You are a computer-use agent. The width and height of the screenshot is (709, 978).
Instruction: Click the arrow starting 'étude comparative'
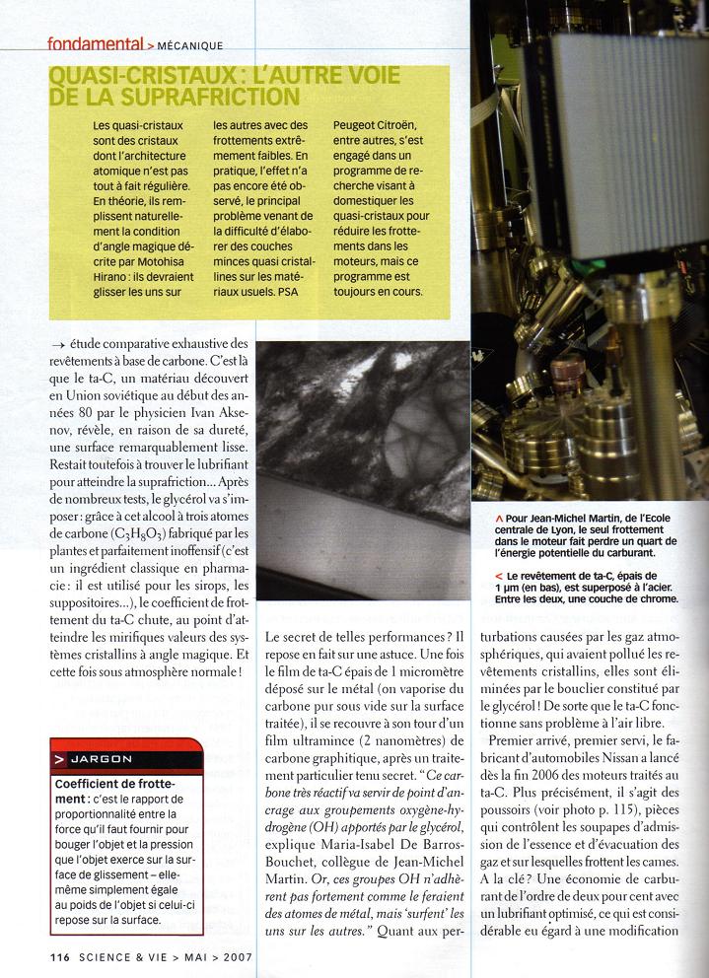pos(59,343)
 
